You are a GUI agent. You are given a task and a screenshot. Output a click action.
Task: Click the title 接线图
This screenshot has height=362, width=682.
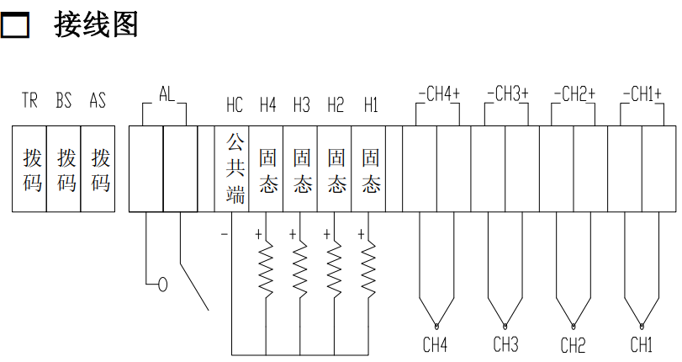96,25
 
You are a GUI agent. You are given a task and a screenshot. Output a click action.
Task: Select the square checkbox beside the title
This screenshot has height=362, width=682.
15,27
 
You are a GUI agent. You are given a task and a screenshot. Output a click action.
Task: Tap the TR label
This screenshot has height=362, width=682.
30,102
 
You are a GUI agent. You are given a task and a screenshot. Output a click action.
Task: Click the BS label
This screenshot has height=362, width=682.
64,102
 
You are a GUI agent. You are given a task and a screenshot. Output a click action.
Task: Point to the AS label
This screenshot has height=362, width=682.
98,102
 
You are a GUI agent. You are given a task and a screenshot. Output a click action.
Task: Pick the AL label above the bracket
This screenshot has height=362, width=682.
167,93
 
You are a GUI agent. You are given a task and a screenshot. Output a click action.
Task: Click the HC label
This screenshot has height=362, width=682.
235,105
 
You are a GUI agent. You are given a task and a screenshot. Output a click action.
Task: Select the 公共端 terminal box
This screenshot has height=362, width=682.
235,168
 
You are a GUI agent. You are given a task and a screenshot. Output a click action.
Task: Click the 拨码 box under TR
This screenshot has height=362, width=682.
31,169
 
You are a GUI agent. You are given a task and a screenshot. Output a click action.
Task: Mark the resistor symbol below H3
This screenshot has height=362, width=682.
300,268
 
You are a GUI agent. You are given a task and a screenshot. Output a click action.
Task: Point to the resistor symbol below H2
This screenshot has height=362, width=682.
335,268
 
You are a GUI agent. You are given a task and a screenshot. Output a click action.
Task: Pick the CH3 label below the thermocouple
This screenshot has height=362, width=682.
505,344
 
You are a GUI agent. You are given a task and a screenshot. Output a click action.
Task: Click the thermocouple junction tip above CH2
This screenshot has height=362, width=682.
574,325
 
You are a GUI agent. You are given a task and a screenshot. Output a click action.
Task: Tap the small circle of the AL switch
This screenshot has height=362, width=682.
162,285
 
